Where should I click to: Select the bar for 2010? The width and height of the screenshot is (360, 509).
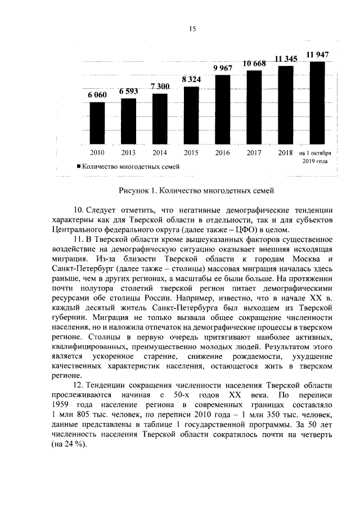coord(97,124)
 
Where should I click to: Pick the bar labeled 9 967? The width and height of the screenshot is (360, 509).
coord(222,110)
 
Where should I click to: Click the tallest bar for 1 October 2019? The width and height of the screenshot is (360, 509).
coord(317,104)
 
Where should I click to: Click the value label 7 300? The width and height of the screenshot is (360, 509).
coord(160,87)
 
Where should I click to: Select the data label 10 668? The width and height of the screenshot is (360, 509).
coord(254,63)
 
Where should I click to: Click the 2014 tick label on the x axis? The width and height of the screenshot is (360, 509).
coord(160,152)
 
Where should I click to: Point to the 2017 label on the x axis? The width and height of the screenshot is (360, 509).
coord(254,152)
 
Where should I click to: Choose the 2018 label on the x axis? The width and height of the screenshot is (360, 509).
coord(286,152)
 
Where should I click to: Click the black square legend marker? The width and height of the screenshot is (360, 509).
coord(78,166)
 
